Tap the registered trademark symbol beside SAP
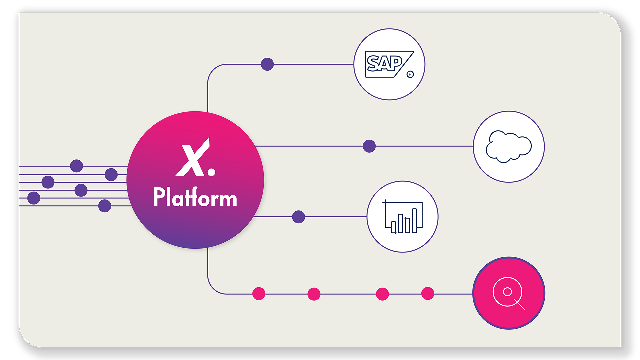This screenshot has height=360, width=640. (410, 74)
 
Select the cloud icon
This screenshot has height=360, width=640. (509, 147)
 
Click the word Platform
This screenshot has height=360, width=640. (195, 197)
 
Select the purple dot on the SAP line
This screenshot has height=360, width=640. (267, 64)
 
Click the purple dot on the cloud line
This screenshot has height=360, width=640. (369, 146)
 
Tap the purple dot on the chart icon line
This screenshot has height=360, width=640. (298, 217)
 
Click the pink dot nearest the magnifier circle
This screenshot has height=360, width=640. (428, 294)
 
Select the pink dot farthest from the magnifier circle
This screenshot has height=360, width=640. (259, 294)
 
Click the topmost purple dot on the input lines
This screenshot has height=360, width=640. (77, 166)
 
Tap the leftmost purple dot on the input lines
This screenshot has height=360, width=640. (34, 198)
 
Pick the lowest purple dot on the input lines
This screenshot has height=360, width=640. (105, 206)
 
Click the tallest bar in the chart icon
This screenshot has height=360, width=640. (414, 220)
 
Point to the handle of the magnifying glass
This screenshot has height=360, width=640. (520, 304)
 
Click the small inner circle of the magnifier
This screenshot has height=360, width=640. (507, 292)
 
